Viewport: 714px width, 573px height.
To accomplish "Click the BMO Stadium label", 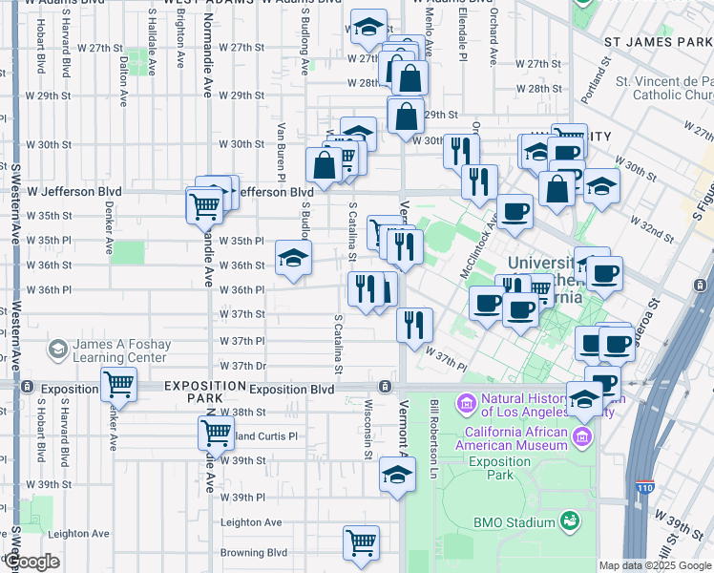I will (514, 522).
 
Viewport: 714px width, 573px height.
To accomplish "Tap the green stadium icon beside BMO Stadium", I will (570, 521).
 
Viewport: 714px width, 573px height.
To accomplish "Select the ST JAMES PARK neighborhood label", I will (657, 43).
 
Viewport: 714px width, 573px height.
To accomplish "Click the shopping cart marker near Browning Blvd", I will (361, 542).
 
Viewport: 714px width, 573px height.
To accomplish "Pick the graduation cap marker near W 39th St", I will (397, 475).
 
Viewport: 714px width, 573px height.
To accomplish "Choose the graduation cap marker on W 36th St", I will (293, 257).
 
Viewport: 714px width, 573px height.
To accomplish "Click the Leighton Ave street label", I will (251, 522).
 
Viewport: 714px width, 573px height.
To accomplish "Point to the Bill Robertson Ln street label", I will (433, 439).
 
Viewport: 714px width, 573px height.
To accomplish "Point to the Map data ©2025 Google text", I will (655, 565).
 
